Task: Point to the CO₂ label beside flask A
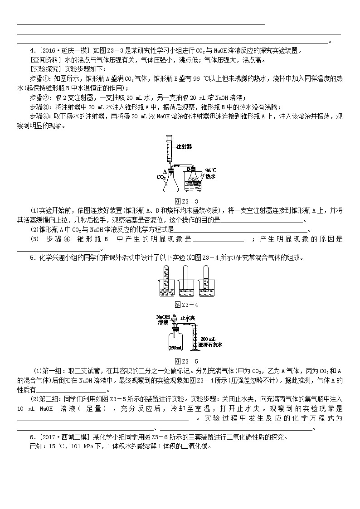pos(161,177)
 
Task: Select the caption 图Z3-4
pos(180,304)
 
